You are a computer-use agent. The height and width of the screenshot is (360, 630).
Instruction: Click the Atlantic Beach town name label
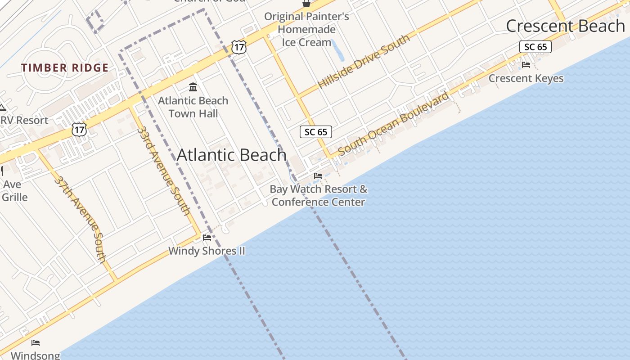231,155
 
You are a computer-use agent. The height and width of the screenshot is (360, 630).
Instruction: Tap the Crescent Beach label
565,26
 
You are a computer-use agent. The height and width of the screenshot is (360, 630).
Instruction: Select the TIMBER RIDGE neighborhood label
65,68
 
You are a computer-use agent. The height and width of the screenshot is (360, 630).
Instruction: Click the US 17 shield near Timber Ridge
79,130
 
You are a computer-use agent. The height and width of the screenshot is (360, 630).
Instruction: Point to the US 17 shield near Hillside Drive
239,47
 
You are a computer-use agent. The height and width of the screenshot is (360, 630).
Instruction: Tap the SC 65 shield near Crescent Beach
535,47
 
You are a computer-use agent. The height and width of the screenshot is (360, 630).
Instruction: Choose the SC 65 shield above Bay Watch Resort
316,132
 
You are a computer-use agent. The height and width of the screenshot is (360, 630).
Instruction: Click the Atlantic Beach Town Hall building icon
193,87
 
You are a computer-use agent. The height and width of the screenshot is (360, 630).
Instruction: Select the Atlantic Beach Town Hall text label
193,107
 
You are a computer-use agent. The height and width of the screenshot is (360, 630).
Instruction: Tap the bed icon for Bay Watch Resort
318,176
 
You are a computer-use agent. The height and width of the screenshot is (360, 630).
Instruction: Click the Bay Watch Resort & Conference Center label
318,195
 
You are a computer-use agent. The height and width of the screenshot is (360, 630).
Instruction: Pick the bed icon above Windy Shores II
207,237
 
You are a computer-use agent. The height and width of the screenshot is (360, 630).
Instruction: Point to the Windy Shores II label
207,251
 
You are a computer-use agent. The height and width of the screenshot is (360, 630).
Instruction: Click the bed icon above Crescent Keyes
526,65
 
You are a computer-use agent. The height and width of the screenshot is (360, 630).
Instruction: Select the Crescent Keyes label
526,78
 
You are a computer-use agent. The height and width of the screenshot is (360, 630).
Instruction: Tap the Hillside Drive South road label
364,61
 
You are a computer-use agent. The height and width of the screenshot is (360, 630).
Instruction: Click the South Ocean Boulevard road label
393,124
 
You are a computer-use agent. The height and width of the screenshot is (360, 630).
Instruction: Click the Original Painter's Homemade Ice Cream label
306,29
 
